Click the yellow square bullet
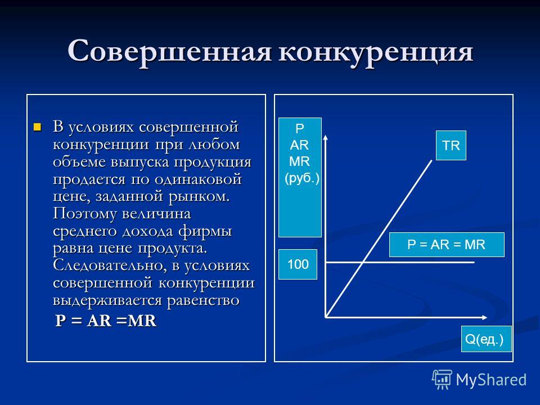tap(37, 127)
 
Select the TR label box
tap(451, 145)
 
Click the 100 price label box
tap(298, 264)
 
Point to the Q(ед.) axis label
tap(486, 339)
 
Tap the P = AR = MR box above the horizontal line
tap(447, 245)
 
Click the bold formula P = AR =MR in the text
tap(106, 321)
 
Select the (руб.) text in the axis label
tap(302, 178)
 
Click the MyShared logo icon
tap(442, 380)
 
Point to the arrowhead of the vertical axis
tap(326, 138)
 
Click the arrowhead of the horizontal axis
tap(484, 317)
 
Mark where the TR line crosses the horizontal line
tap(363, 263)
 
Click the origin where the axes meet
tap(326, 317)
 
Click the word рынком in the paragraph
tap(199, 196)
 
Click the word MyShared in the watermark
tap(491, 380)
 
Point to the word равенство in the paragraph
tap(203, 300)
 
